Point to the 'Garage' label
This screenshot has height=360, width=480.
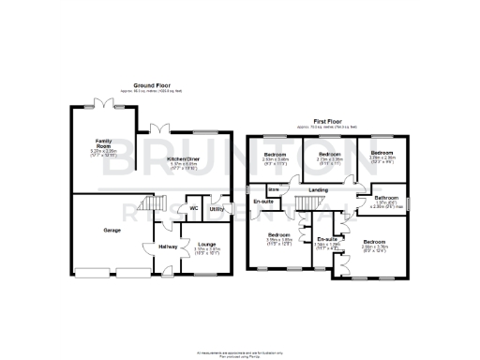pyautogui.click(x=112, y=229)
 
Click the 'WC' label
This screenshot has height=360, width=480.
pyautogui.click(x=193, y=209)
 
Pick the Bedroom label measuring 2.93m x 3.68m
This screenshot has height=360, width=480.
pyautogui.click(x=275, y=155)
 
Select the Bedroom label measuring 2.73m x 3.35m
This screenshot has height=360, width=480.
pyautogui.click(x=328, y=154)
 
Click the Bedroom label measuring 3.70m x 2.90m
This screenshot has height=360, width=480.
pyautogui.click(x=381, y=153)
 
